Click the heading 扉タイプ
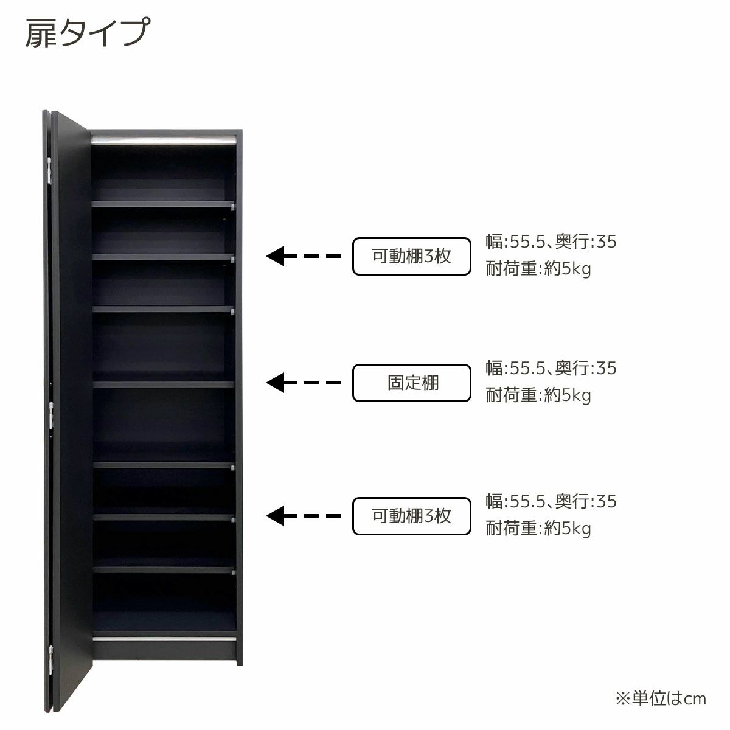pos(86,33)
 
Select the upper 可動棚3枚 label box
pos(412,256)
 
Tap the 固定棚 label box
pos(412,383)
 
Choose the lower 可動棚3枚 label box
pos(412,516)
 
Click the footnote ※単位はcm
pos(660,698)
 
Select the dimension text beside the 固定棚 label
pos(551,368)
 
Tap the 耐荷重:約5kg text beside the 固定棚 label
pos(538,395)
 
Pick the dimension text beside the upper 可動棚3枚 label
pos(551,242)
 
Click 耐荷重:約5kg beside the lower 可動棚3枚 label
pos(538,529)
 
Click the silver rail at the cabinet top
pos(163,141)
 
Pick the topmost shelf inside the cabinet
pos(162,204)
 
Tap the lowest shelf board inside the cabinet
pos(164,570)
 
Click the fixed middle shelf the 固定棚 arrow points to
pos(163,384)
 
